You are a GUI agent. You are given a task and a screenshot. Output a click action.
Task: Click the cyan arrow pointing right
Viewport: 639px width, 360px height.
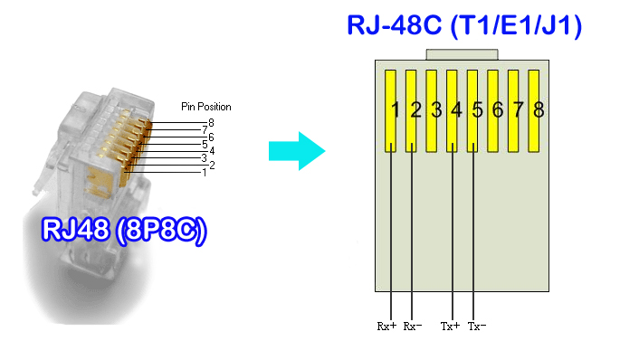297,149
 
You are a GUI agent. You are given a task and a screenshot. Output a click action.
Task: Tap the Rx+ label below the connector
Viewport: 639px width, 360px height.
386,326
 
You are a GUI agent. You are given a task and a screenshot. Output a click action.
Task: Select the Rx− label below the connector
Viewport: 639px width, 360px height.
413,326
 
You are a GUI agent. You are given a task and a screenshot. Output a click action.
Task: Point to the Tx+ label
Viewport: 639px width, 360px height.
450,326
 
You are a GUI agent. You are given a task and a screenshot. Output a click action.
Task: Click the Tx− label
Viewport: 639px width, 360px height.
477,326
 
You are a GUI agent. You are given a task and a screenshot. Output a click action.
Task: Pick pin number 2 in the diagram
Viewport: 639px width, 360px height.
415,110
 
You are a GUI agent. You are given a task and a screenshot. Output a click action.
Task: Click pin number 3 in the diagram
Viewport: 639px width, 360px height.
435,110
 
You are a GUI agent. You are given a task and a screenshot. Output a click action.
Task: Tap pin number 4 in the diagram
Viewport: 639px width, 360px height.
456,110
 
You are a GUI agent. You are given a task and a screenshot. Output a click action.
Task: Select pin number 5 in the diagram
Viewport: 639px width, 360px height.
477,110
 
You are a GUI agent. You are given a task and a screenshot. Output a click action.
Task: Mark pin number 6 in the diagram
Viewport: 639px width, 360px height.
498,110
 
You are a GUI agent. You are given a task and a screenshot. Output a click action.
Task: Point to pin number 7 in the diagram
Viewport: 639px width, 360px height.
518,110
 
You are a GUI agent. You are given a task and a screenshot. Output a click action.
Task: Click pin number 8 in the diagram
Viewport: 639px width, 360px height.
539,110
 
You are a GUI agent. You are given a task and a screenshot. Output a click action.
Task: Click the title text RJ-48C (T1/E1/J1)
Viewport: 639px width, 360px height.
464,24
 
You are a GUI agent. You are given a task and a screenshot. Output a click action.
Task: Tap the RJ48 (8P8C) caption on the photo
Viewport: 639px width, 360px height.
124,230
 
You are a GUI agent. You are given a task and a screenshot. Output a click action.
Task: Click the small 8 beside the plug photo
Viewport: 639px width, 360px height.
211,122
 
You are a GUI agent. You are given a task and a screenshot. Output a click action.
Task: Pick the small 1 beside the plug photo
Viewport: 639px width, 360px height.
204,172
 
